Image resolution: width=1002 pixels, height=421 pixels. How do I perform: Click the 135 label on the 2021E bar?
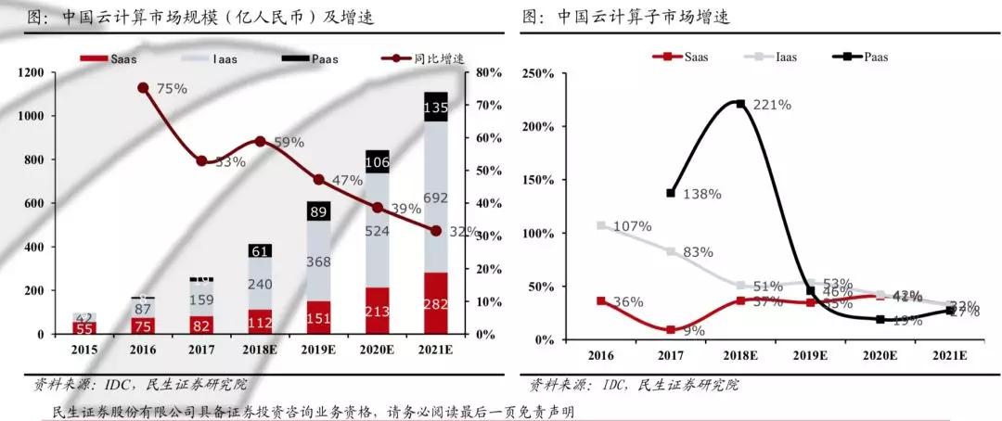435,108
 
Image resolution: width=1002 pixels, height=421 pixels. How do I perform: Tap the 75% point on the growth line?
143,88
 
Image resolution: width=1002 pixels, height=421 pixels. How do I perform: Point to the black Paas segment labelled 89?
319,211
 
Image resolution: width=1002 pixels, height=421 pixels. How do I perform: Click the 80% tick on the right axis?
488,72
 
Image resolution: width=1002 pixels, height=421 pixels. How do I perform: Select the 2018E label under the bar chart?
261,351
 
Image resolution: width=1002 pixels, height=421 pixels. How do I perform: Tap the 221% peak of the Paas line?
740,103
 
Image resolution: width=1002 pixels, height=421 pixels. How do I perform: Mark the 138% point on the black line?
671,193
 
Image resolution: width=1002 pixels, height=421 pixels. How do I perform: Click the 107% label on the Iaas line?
631,225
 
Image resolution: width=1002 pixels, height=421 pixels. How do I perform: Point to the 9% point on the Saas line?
671,329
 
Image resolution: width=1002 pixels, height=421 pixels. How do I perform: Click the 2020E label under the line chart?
879,355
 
